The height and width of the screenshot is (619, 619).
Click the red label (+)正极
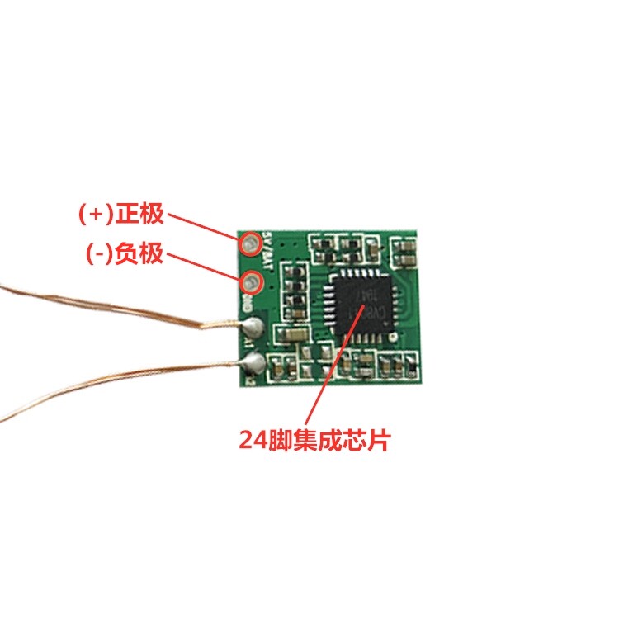coord(122,215)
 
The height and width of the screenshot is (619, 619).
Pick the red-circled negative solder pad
coord(251,283)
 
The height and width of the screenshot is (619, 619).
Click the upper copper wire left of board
coord(99,309)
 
